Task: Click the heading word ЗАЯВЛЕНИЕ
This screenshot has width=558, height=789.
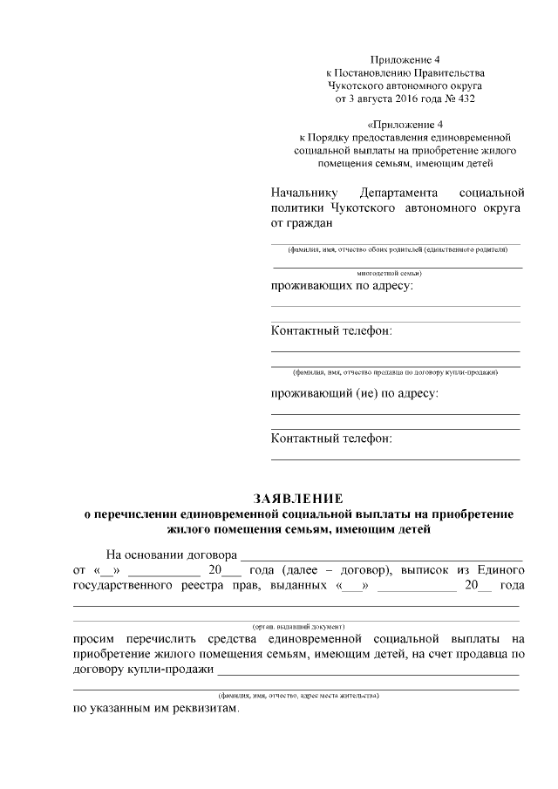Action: pos(298,499)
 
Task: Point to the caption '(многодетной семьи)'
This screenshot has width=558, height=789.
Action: pos(397,273)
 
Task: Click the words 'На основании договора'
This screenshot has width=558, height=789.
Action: pos(171,554)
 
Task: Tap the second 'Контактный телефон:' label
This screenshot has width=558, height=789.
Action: pos(331,438)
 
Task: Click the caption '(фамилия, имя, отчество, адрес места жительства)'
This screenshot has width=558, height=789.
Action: pos(299,697)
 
